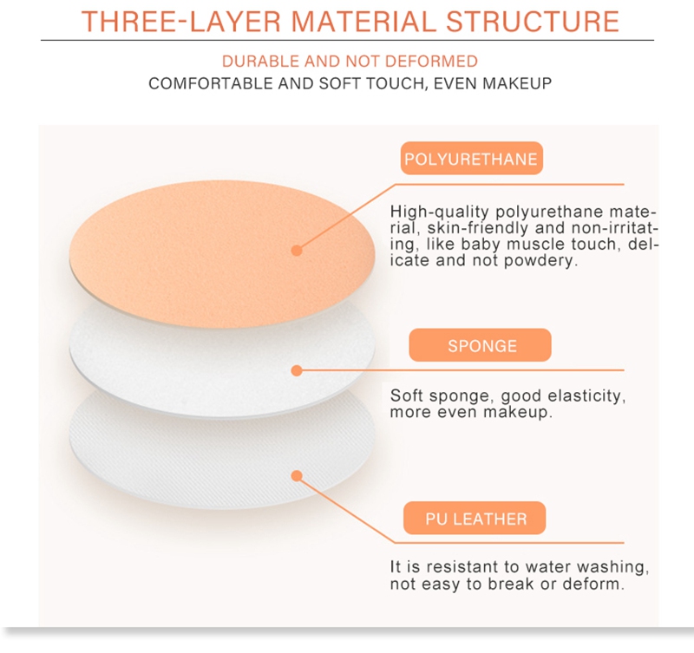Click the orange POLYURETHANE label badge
click(x=471, y=159)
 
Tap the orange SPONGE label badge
click(x=481, y=345)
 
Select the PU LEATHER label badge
click(x=475, y=518)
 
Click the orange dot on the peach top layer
click(x=297, y=251)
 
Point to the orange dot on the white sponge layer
click(x=297, y=371)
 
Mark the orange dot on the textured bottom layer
click(x=297, y=476)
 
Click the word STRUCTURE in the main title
click(x=533, y=22)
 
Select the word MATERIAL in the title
click(x=363, y=22)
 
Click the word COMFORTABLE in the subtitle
click(x=210, y=83)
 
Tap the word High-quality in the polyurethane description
click(x=439, y=212)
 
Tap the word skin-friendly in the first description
click(x=479, y=228)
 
